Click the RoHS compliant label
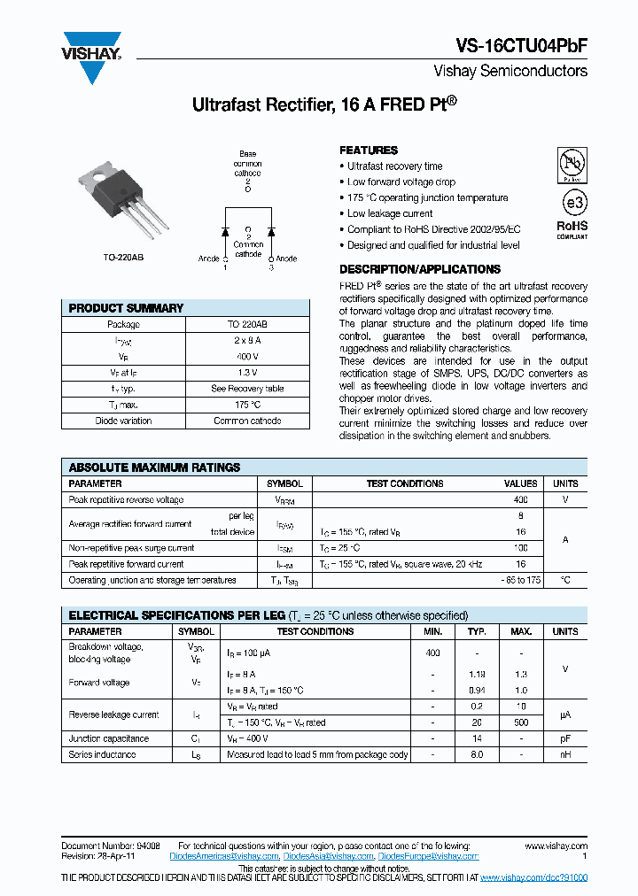(x=572, y=228)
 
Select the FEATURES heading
(x=369, y=151)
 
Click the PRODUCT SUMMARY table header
(x=126, y=308)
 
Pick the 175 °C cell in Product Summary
(x=247, y=405)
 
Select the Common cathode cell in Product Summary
(x=247, y=421)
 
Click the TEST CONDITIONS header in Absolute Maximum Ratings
(x=405, y=483)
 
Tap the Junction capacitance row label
(x=109, y=738)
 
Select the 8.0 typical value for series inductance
(x=476, y=754)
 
